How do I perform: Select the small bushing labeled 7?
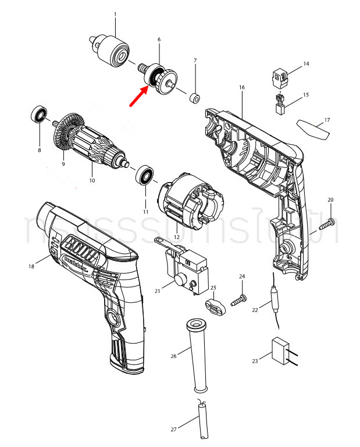(x=195, y=95)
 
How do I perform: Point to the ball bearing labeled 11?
(x=144, y=174)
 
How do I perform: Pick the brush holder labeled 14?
(x=280, y=76)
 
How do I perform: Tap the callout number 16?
(x=241, y=87)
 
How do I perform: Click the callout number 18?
(x=31, y=266)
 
